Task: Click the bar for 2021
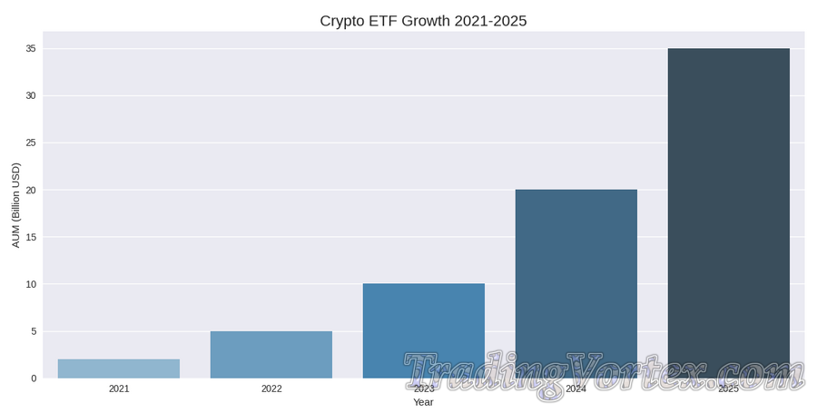[119, 369]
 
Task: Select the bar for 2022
[271, 355]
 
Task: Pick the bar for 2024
[576, 272]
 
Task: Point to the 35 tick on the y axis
[30, 48]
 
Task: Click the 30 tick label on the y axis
[30, 95]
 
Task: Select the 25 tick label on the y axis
[30, 143]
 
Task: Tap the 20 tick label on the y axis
[30, 190]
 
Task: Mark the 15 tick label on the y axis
[30, 237]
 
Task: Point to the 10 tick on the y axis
[30, 284]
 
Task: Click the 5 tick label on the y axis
[33, 331]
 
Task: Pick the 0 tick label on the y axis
[33, 379]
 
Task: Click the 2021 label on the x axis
[119, 389]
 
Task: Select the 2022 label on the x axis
[271, 389]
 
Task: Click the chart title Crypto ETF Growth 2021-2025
[423, 21]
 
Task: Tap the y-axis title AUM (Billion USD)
[15, 205]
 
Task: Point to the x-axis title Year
[423, 402]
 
